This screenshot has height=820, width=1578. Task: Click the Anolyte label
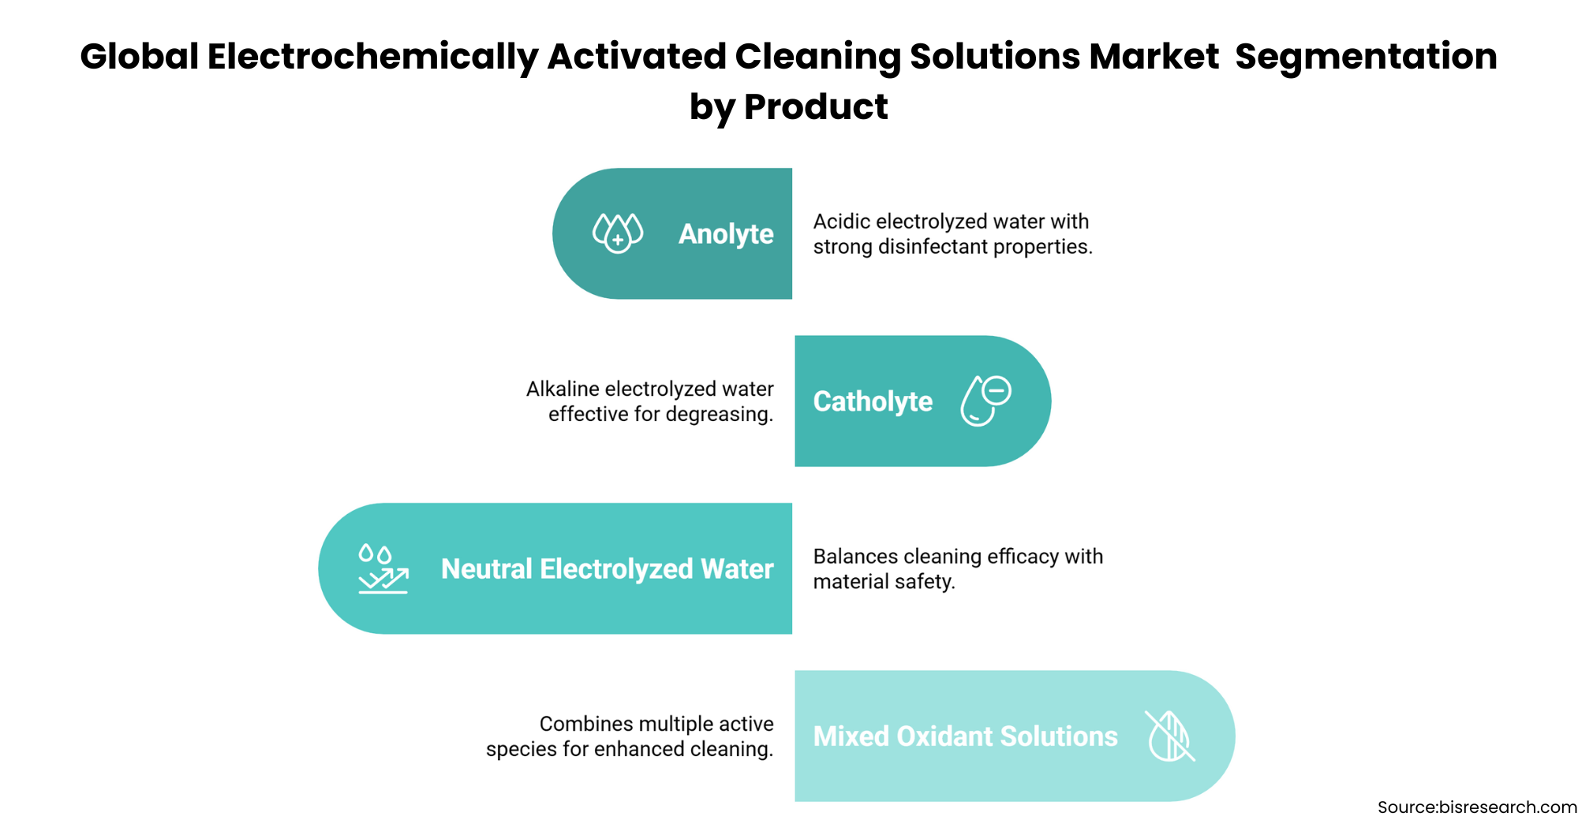point(726,234)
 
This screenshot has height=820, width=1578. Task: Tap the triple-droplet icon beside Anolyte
point(618,233)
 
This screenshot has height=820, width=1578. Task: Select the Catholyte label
point(873,401)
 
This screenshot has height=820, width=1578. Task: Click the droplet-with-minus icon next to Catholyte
point(985,401)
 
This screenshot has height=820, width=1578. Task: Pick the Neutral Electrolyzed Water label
point(607,568)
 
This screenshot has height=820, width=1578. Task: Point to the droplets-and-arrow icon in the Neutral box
point(383,568)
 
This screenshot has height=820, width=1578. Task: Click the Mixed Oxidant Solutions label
point(966,736)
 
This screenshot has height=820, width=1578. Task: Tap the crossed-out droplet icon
point(1170,736)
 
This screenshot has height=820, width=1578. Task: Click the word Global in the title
point(140,57)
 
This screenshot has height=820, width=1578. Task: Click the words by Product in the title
point(789,108)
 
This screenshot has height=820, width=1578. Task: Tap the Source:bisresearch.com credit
point(1477,807)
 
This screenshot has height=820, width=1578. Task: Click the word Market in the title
point(1154,57)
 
